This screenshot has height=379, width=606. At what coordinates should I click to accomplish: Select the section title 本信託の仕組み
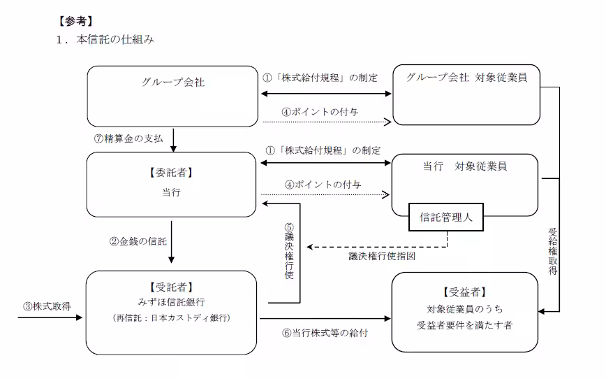114,40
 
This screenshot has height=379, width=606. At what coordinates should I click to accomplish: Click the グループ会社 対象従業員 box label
466,78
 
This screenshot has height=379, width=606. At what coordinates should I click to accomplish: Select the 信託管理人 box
448,217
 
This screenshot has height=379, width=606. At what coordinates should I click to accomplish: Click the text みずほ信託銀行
172,302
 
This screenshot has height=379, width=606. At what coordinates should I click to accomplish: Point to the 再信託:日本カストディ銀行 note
172,317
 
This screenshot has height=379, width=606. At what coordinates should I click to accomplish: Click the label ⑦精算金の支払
128,138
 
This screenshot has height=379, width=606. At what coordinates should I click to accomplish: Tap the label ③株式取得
47,306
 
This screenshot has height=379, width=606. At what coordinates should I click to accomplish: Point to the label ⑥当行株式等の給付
325,333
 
